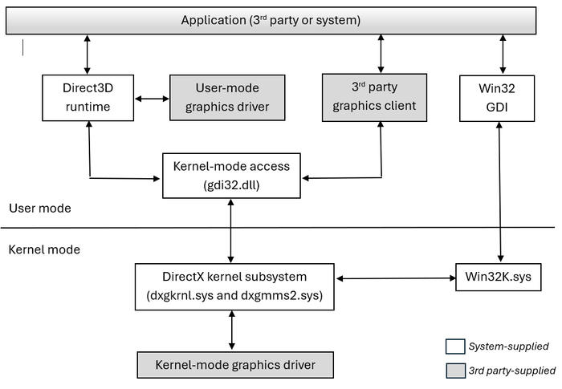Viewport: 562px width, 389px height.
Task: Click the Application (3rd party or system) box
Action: pos(271,20)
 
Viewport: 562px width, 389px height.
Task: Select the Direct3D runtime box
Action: pos(88,98)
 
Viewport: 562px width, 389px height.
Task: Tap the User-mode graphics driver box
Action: pos(227,97)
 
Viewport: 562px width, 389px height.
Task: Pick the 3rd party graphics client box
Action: pos(375,97)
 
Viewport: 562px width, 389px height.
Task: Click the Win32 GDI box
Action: pos(497,98)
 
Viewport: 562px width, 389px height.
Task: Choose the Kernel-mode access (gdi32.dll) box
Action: pos(231,176)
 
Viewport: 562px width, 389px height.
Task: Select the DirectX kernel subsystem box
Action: pos(234,286)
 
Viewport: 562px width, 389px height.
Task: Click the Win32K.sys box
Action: pos(499,278)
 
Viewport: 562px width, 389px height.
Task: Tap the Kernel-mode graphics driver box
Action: pos(235,365)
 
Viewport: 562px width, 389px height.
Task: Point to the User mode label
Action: pos(40,208)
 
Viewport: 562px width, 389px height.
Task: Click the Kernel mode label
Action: pos(44,249)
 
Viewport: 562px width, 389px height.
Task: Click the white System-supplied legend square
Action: pos(455,346)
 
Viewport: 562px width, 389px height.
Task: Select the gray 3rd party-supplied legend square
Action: pos(455,371)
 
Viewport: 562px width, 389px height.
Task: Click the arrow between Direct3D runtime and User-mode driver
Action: pos(152,99)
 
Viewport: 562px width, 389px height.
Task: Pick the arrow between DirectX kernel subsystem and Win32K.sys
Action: pos(396,278)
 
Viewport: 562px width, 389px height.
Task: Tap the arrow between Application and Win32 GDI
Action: pos(503,55)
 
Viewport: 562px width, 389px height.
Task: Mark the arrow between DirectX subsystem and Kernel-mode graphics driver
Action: pos(231,330)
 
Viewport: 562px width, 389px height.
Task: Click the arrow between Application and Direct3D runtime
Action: pos(87,55)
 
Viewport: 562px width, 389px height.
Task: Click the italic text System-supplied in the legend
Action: pos(508,346)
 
